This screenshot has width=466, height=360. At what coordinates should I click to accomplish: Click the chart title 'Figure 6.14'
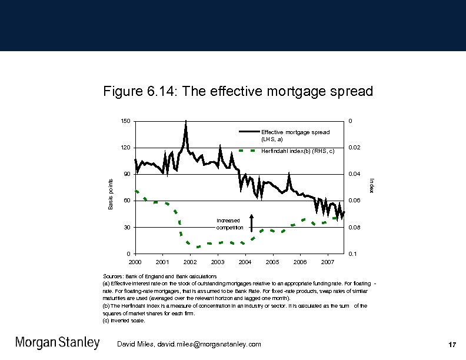tap(238, 92)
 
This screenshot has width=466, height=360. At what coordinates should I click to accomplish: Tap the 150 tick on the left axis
tap(125, 121)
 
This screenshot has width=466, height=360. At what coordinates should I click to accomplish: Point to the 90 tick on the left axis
tap(127, 174)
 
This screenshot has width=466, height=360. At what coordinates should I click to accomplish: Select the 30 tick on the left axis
tap(127, 227)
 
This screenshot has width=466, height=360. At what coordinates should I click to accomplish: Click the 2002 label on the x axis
tap(190, 261)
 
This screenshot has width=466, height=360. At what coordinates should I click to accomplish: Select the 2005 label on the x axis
tap(272, 261)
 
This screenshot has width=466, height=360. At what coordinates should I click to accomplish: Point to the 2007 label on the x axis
tap(328, 261)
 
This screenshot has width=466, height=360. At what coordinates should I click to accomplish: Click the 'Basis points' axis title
tap(111, 194)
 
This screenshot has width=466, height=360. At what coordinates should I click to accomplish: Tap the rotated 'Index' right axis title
tap(371, 185)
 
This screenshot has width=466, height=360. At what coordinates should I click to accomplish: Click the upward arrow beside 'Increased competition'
tap(251, 222)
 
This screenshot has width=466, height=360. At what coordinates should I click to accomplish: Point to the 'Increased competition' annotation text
tap(229, 224)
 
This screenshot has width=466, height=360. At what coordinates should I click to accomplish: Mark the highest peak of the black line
tap(186, 121)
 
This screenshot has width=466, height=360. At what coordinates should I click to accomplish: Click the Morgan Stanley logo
tap(57, 343)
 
